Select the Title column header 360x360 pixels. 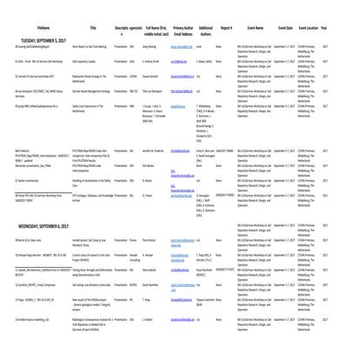click(98, 30)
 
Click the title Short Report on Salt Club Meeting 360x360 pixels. click(101, 54)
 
